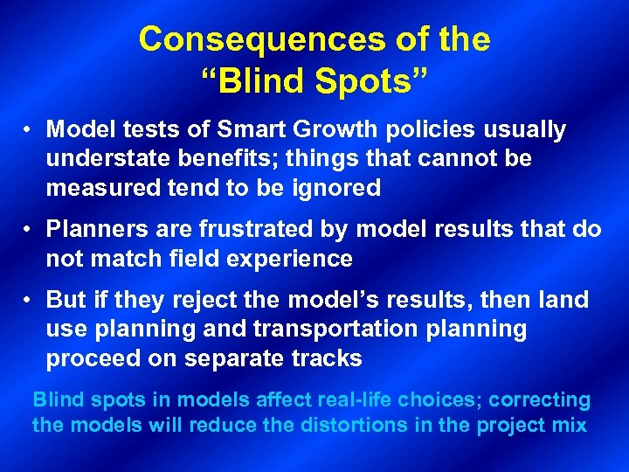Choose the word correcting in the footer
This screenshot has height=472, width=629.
click(540, 400)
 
